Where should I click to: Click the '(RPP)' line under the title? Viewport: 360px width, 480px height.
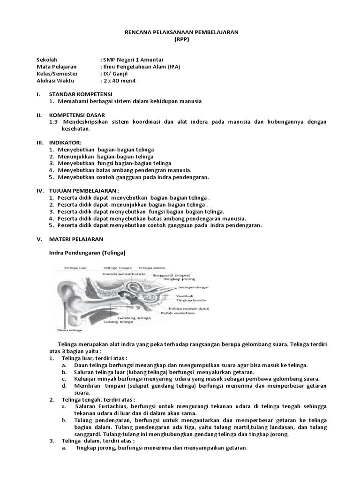pos(180,39)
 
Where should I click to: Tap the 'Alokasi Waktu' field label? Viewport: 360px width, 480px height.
pos(55,81)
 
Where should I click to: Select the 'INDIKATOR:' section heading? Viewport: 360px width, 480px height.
pos(65,142)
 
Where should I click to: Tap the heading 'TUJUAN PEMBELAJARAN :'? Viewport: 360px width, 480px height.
pos(84,191)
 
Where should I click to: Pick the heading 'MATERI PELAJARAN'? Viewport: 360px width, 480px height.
pos(76,239)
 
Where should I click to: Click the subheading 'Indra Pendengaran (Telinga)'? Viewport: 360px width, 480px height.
pos(87,253)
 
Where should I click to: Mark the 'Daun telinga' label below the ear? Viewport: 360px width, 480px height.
pos(66,330)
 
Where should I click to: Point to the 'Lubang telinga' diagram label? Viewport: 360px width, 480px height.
pos(117,322)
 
